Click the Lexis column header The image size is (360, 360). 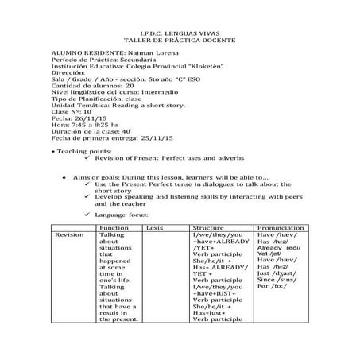click(x=155, y=227)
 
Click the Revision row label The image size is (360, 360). click(x=69, y=235)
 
